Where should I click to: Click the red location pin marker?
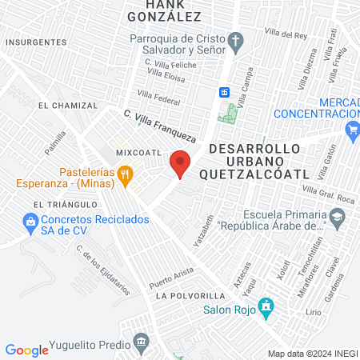(x=181, y=164)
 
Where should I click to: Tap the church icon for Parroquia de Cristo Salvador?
(x=236, y=41)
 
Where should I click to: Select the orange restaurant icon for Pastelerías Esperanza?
(x=124, y=174)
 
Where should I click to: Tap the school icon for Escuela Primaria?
(x=338, y=216)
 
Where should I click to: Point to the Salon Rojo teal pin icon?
(x=267, y=307)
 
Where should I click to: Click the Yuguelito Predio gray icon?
(x=141, y=342)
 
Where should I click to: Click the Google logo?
(x=26, y=350)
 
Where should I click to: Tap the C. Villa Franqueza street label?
(x=159, y=123)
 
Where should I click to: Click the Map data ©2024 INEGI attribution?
(x=313, y=354)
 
